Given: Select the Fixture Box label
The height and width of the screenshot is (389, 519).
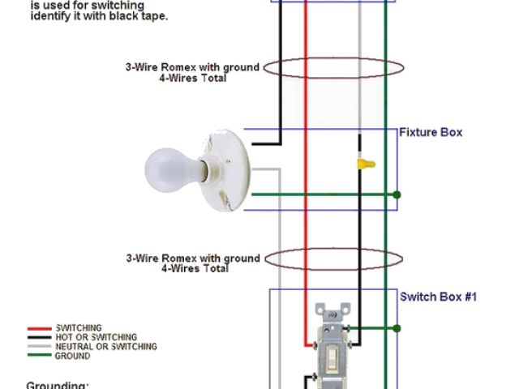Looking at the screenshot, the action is (431, 132).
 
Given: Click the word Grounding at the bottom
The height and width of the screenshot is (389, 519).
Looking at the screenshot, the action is (57, 386).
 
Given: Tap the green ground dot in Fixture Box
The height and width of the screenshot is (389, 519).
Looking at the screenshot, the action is (397, 194).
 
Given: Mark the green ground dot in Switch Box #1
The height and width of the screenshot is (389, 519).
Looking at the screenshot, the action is (397, 328).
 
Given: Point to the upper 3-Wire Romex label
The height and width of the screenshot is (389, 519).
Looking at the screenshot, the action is (192, 67).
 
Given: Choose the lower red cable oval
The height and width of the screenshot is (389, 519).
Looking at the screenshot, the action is (332, 259).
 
